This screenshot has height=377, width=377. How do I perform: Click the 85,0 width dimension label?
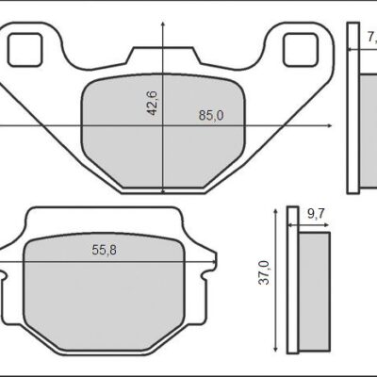click(211, 116)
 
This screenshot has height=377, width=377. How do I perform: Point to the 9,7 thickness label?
click(318, 215)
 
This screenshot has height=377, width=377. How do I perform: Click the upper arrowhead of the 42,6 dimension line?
click(165, 25)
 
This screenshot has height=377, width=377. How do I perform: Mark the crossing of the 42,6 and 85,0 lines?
click(165, 124)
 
